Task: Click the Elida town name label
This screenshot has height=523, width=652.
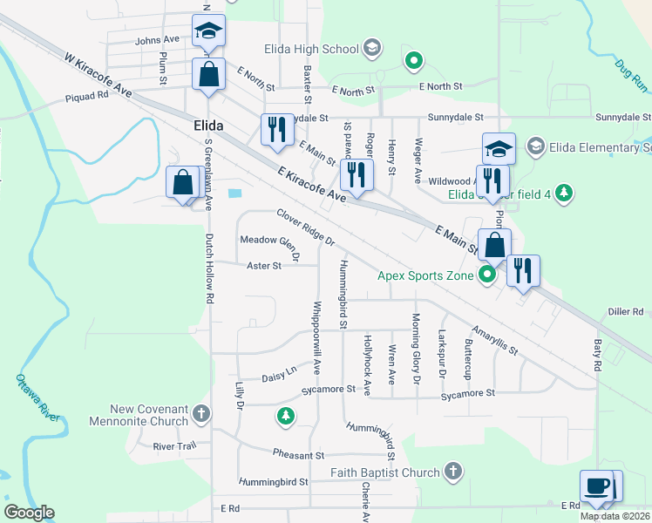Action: pos(207,126)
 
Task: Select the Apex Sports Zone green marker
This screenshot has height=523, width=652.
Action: pos(487,276)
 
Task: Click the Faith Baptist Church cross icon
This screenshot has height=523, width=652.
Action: pos(452,472)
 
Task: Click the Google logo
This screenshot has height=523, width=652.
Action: pos(29,513)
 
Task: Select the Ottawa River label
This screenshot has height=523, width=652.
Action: pos(37,397)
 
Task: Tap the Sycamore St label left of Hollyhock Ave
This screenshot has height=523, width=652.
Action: pos(328,390)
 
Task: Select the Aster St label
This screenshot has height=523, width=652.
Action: pos(264,266)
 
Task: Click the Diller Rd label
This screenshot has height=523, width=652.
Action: pos(624,311)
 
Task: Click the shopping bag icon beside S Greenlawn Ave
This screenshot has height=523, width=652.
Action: pos(183,184)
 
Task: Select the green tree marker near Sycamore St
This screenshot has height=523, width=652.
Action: pos(284,416)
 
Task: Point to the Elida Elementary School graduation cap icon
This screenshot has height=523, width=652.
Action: pos(499,148)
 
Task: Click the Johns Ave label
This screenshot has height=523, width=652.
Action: pos(157,40)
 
